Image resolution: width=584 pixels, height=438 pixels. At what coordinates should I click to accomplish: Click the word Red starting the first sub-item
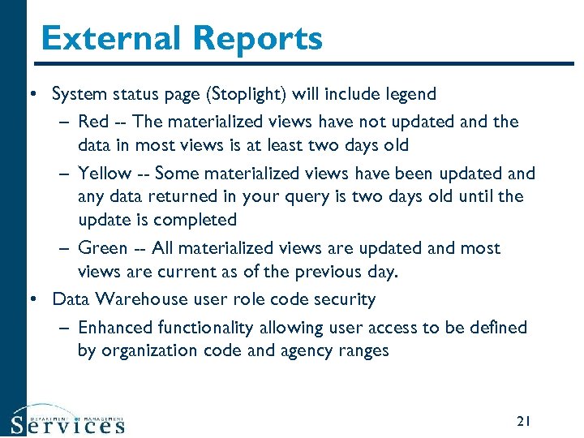(x=92, y=122)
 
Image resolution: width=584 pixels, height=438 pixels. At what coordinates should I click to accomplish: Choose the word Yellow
(x=104, y=173)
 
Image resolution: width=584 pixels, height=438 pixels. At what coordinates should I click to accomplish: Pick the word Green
(x=102, y=248)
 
